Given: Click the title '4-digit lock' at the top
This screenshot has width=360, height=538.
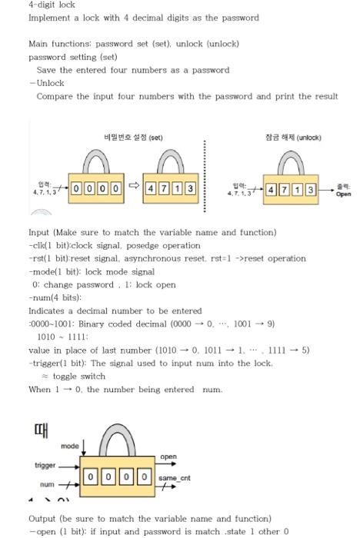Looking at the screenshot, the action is click(52, 5).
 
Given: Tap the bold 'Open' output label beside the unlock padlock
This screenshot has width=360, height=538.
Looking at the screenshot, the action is click(343, 194).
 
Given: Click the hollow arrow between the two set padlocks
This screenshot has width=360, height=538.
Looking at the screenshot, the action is click(132, 187).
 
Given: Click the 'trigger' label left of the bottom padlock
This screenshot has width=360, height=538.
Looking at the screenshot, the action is click(45, 465).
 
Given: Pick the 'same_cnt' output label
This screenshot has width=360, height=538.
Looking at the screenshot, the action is click(168, 479).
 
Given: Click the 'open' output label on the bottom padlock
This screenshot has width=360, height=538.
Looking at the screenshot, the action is click(168, 457).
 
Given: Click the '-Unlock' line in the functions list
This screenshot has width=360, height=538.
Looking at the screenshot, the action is click(47, 83).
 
